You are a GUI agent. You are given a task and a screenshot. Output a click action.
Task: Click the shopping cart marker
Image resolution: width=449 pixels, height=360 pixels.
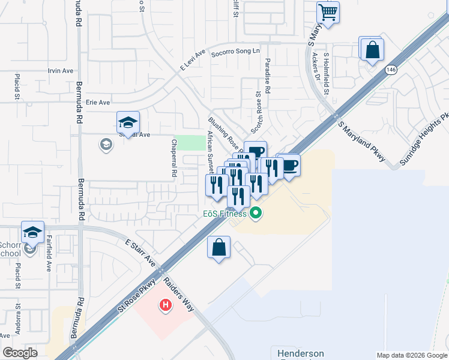(x=328, y=12)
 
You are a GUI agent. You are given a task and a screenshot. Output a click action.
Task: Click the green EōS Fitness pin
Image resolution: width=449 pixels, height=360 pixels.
(x=256, y=212)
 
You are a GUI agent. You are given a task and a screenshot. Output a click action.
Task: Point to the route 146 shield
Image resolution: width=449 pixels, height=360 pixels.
(x=391, y=70)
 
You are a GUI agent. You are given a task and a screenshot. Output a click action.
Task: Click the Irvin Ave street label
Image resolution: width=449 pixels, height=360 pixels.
(x=61, y=71)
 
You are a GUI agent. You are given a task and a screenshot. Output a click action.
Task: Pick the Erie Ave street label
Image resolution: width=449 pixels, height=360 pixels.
(x=98, y=103)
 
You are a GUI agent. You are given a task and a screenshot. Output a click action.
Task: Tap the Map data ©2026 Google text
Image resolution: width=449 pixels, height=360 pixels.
(x=411, y=355)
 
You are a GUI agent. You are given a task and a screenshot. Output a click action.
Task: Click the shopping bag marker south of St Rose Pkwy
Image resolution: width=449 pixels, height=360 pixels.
(x=219, y=247)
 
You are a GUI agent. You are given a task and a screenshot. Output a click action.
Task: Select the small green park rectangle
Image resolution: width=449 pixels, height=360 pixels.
(x=191, y=143)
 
